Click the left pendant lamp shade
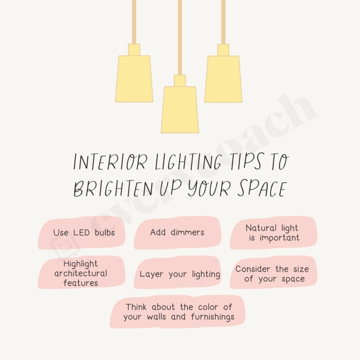click(134, 79)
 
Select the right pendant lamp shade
click(223, 79)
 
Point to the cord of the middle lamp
click(180, 36)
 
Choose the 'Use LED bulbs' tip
click(83, 233)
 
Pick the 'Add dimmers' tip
click(177, 233)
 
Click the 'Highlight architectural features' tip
click(81, 273)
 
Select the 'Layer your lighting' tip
click(180, 274)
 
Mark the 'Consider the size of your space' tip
click(272, 274)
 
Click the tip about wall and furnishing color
click(179, 312)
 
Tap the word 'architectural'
click(81, 273)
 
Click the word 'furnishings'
click(211, 317)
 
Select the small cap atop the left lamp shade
click(134, 49)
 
